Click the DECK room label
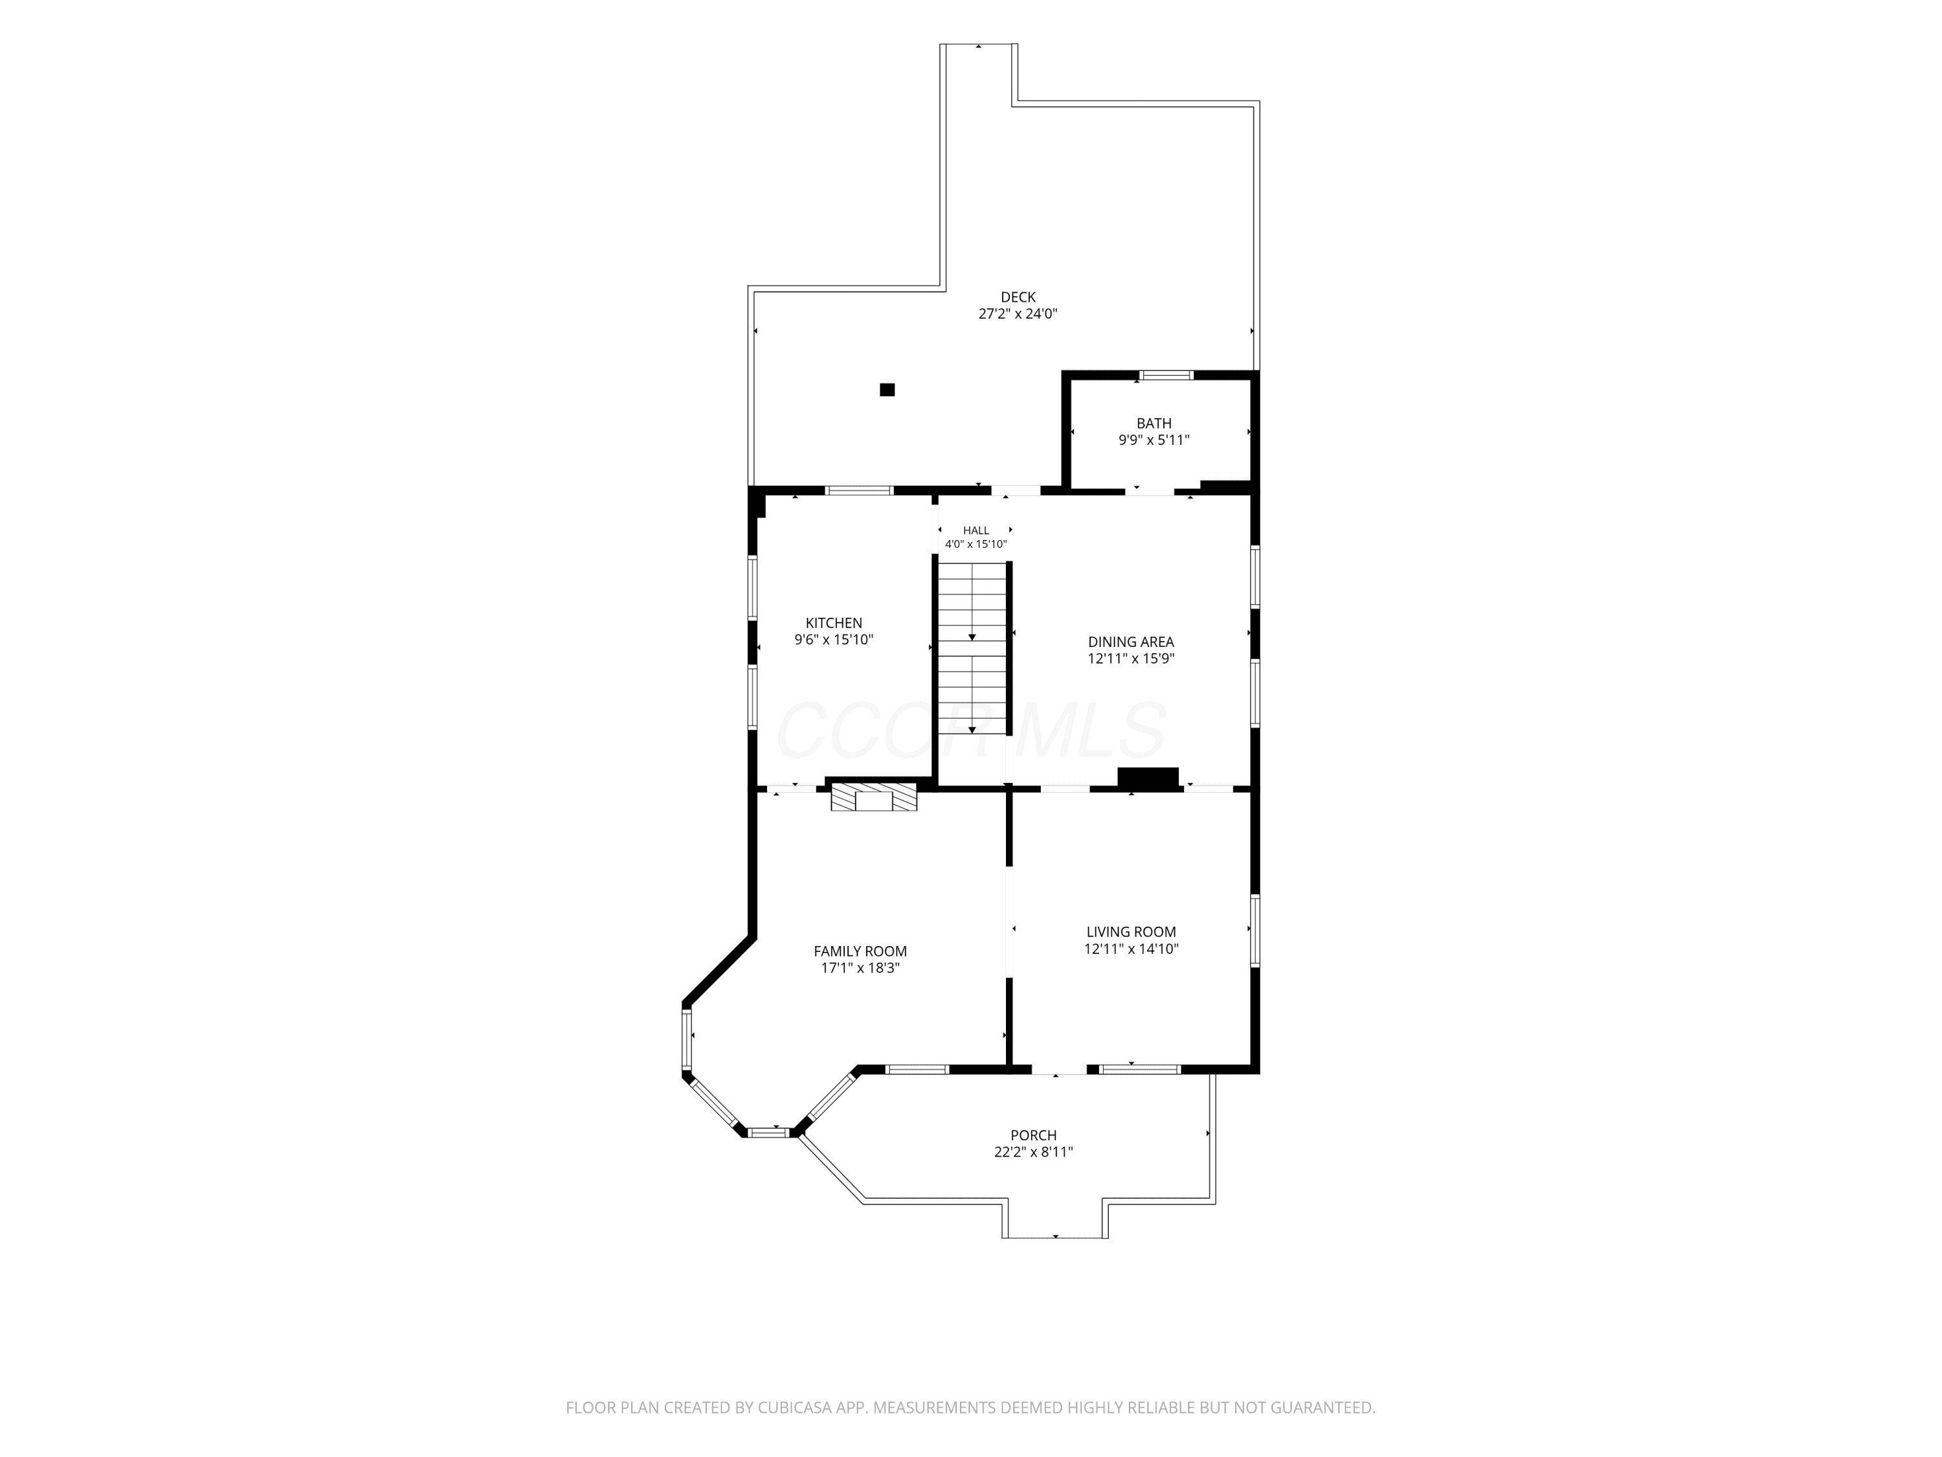point(1018,297)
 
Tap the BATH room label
point(1154,424)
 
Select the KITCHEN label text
point(834,623)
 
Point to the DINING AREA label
point(1131,642)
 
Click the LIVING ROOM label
point(1131,932)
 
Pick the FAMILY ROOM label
point(860,951)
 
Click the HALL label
point(976,530)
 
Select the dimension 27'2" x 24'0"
point(1018,313)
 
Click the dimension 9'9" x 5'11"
point(1154,440)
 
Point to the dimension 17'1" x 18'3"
point(860,969)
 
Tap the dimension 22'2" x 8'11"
point(1033,1152)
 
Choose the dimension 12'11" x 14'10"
point(1131,949)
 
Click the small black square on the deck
point(887,390)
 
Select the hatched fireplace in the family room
point(873,797)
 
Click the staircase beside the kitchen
point(972,648)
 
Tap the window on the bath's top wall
point(1166,375)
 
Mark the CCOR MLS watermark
point(971,730)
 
